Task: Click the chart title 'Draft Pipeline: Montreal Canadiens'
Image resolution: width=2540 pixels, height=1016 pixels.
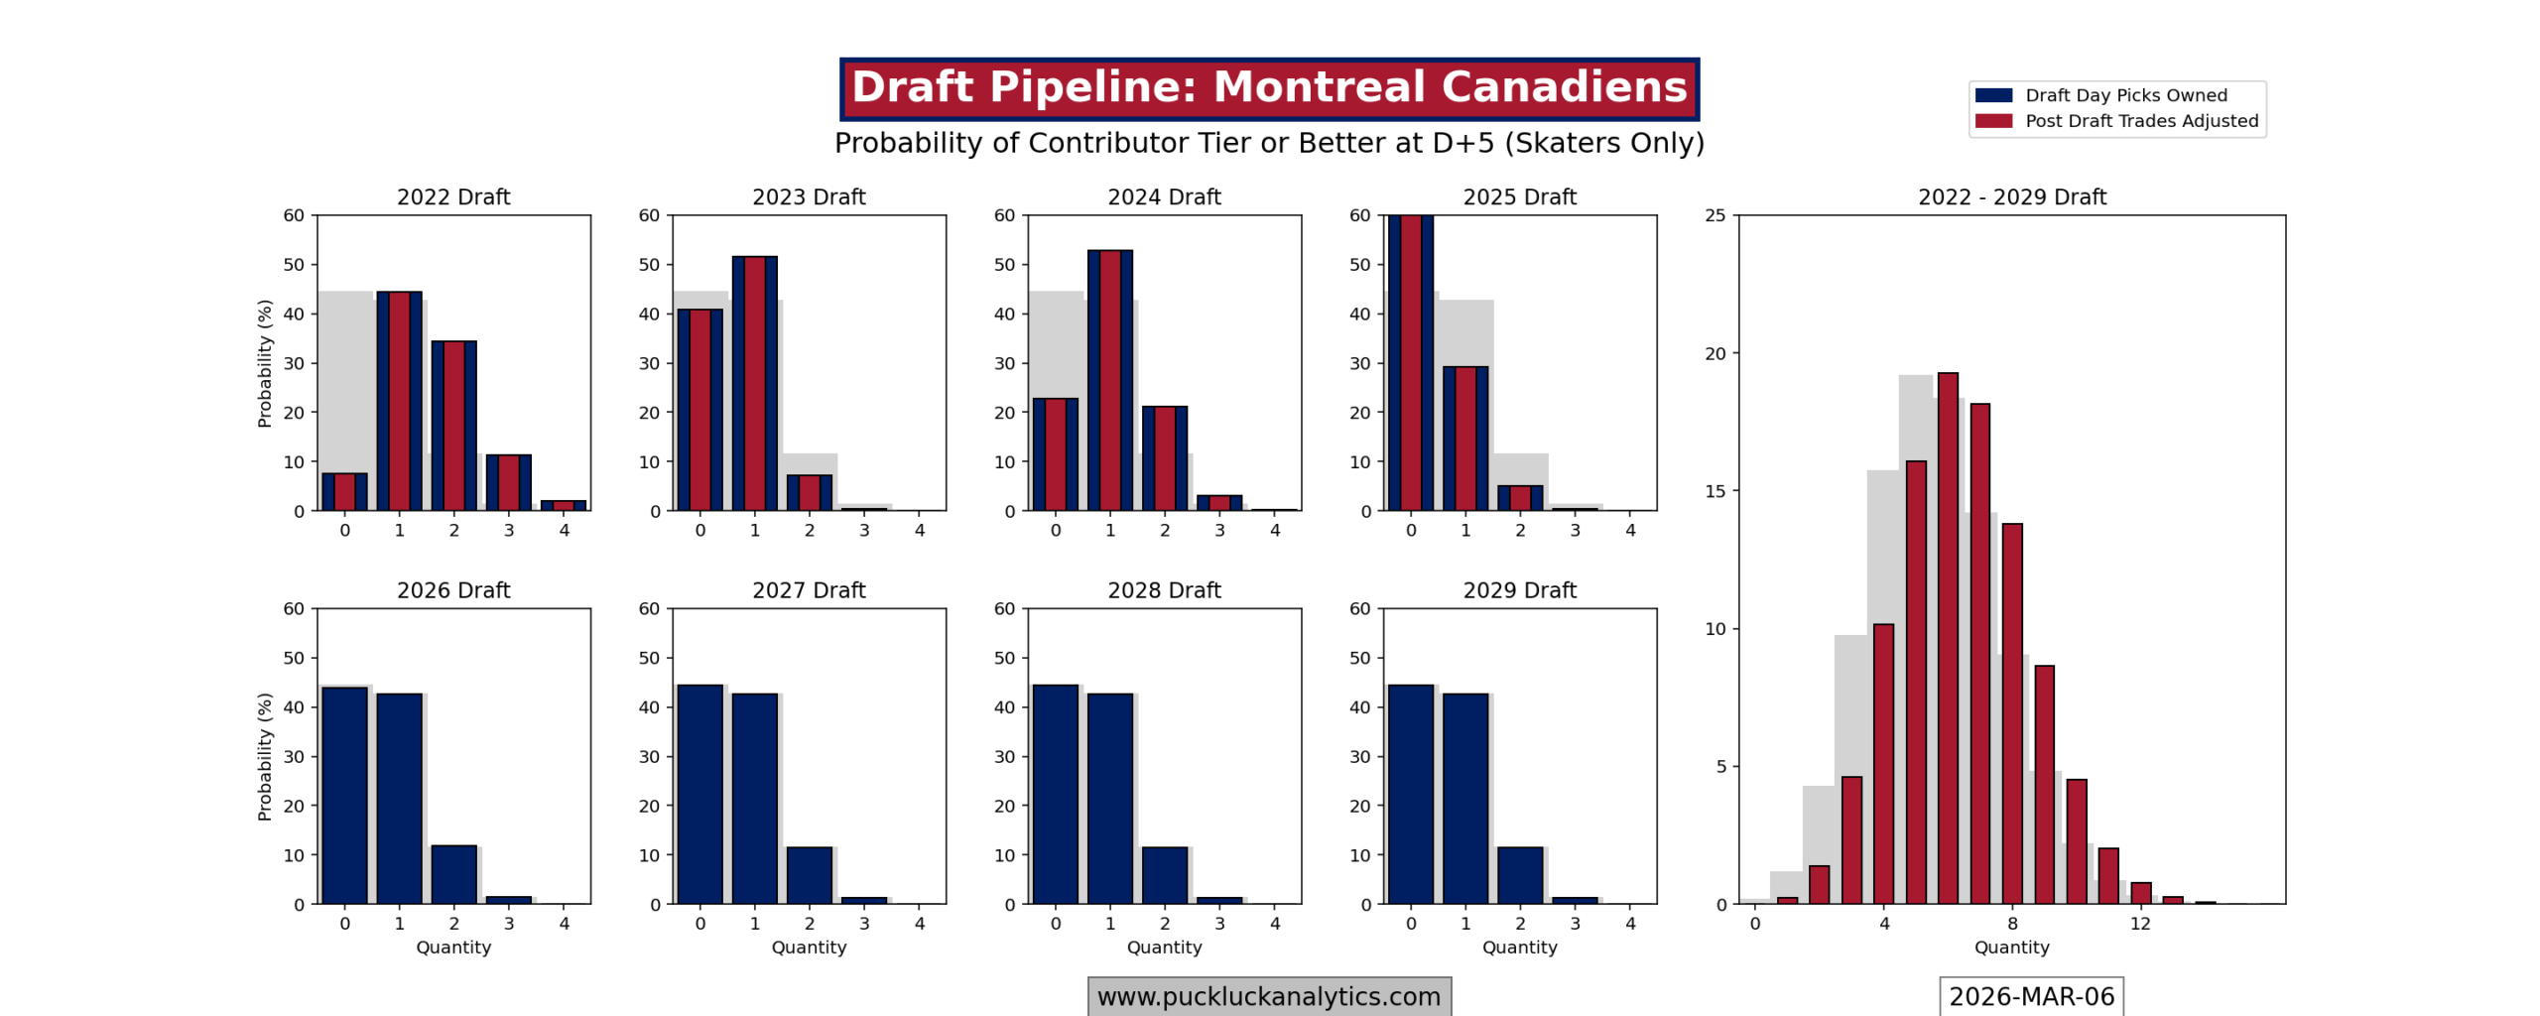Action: [1268, 88]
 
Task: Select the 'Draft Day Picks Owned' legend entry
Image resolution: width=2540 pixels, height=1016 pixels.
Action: [2123, 95]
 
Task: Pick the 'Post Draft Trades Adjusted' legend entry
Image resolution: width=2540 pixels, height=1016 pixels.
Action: [2139, 121]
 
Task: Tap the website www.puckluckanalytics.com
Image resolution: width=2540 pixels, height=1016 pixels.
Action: [1268, 996]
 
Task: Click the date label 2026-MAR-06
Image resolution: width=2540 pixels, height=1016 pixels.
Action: [2030, 996]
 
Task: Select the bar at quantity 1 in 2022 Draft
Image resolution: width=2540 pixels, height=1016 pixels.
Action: [399, 401]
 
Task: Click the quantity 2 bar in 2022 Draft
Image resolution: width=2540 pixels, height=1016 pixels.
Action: [453, 426]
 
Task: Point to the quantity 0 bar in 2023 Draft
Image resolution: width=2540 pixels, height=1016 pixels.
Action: [699, 410]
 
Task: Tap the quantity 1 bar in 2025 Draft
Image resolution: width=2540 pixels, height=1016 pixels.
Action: [1464, 439]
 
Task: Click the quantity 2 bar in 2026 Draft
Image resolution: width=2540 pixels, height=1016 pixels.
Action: [453, 874]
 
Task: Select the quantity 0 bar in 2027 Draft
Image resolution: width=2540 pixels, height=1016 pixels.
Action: [699, 794]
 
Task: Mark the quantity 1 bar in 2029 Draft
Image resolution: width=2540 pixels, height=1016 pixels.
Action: [1464, 799]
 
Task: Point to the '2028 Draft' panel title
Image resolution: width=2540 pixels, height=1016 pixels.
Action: [1164, 590]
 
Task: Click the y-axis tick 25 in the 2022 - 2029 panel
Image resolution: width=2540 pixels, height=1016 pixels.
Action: [1714, 215]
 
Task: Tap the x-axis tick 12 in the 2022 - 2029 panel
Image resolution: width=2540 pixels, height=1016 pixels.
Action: [2139, 924]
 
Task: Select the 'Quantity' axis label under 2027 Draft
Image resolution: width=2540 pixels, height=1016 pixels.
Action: [809, 948]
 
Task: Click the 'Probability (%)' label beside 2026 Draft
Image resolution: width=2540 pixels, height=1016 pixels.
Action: [264, 756]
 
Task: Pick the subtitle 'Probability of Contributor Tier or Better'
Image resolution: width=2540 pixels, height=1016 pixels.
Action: [1268, 143]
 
